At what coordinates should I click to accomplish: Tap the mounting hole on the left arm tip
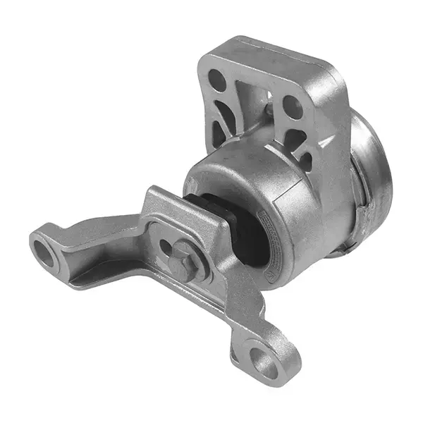tap(44, 253)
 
